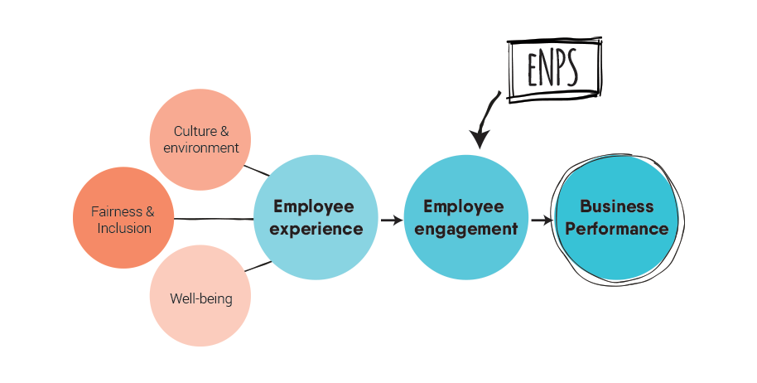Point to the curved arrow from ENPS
(x=485, y=116)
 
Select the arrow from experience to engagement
(x=391, y=221)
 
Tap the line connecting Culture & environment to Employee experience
(x=257, y=171)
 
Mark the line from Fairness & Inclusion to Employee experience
(x=214, y=219)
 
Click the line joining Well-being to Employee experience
(x=258, y=267)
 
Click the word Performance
(x=617, y=229)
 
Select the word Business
(x=617, y=206)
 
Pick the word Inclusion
(x=124, y=228)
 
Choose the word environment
(x=201, y=148)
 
